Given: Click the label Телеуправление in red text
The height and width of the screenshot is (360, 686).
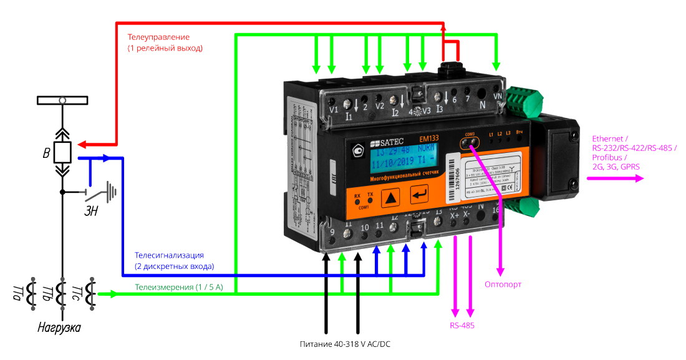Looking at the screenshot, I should [x=158, y=37].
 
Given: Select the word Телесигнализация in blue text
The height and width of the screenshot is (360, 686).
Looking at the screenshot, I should [x=169, y=255].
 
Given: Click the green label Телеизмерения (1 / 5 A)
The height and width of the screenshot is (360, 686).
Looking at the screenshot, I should [x=187, y=288].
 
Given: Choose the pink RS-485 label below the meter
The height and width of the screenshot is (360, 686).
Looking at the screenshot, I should [x=462, y=326].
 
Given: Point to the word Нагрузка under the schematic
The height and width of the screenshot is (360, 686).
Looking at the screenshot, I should [x=59, y=328].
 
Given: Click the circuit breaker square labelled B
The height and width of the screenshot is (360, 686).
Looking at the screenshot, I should [x=62, y=152].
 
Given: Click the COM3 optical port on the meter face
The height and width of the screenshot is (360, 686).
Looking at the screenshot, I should [x=471, y=142].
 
